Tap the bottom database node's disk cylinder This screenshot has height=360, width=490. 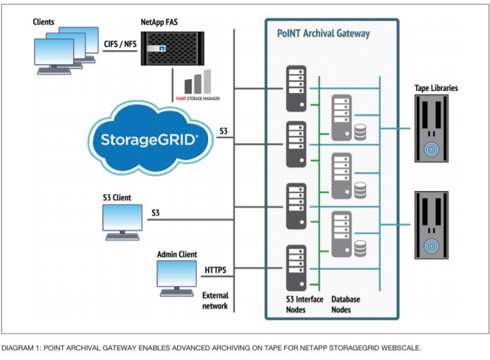360,248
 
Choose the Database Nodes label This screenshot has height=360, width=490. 345,304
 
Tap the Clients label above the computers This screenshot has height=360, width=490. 44,22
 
